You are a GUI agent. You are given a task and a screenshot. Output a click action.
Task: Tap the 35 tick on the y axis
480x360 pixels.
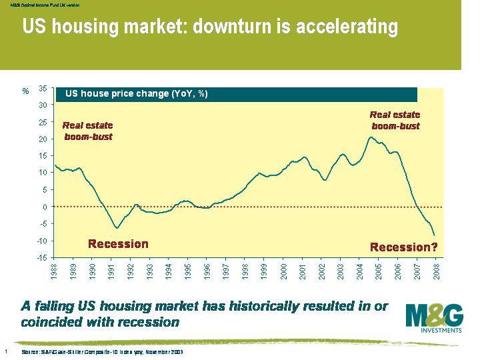point(43,88)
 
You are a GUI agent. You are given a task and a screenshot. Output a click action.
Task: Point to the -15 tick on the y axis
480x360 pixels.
point(41,258)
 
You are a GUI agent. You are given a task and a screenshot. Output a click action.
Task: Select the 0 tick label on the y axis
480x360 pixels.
point(44,207)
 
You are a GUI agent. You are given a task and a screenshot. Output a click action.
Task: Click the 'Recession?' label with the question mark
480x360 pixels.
point(404,247)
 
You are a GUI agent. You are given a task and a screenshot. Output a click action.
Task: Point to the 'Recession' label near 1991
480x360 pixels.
point(119,243)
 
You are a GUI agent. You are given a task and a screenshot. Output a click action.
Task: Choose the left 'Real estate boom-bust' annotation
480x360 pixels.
point(88,131)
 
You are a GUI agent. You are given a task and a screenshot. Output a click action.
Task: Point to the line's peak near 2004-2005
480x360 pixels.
point(371,137)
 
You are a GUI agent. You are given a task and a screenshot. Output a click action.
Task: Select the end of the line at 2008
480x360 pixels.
point(434,235)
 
